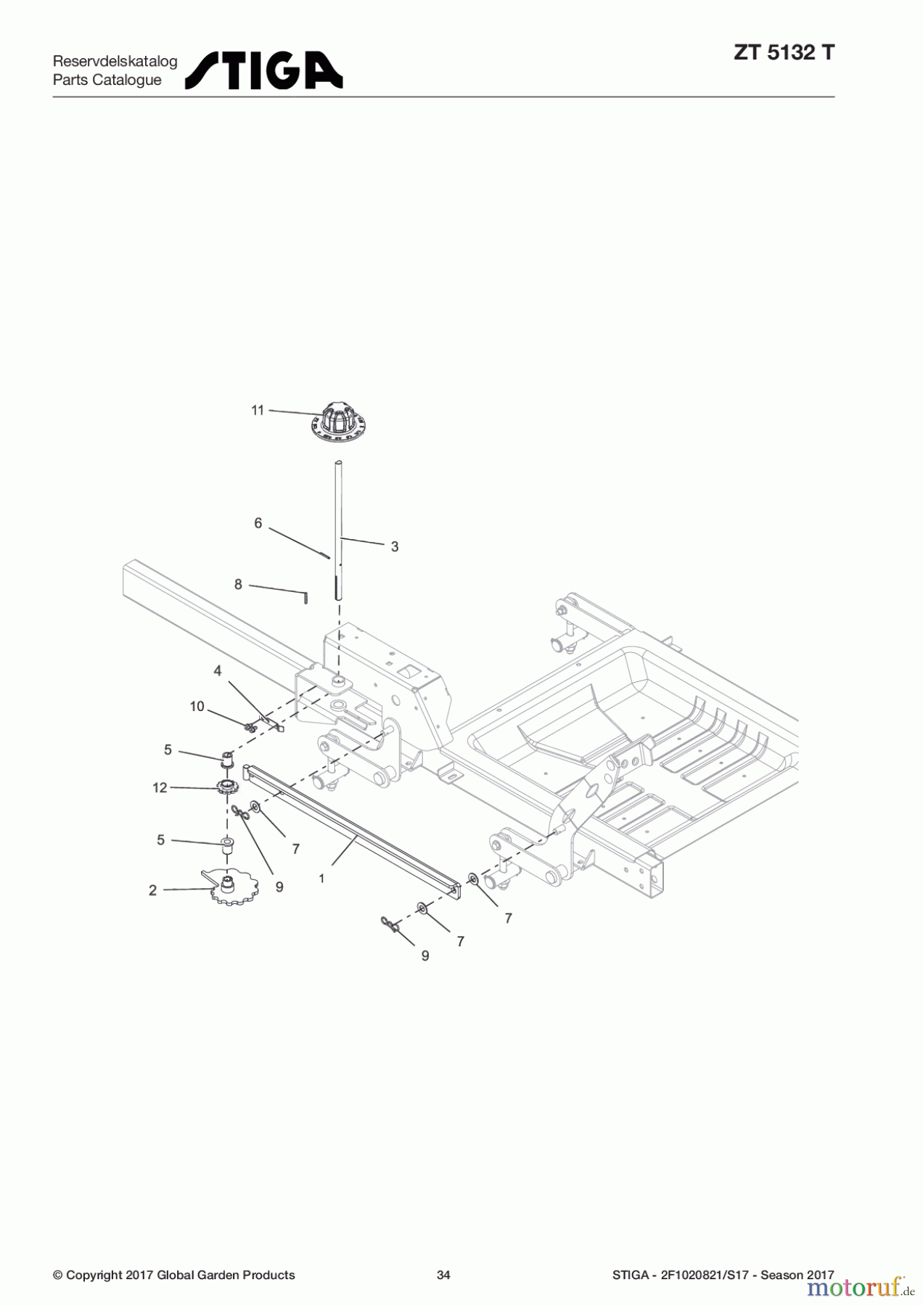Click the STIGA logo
point(263,70)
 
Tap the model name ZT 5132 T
point(784,52)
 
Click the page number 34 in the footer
point(443,1275)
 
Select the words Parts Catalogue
point(107,80)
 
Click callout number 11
point(258,411)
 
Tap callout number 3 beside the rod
point(395,547)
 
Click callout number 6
point(258,523)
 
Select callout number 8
point(238,584)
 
